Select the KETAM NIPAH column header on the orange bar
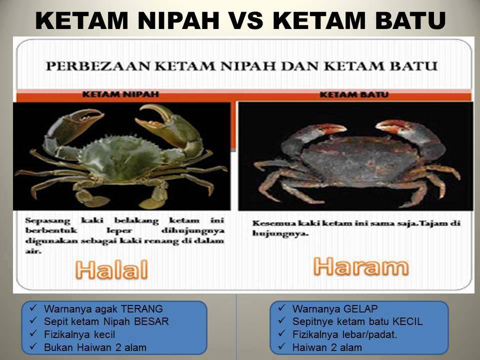120,94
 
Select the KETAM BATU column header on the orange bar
354,94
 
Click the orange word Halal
111,269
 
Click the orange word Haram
361,266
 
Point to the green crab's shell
121,159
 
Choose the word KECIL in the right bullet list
408,321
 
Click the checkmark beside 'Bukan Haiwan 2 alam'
33,347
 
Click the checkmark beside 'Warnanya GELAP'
281,308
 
